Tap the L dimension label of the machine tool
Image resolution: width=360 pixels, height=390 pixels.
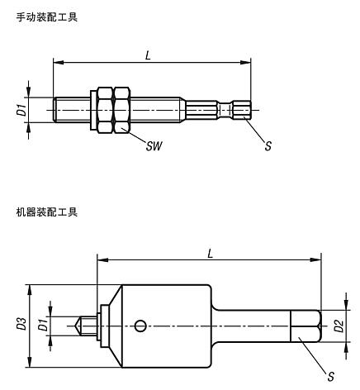point(210,252)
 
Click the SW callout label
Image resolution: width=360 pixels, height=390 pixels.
point(154,146)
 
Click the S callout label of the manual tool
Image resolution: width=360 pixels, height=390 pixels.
point(267,146)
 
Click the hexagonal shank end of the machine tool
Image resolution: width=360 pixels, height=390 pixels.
point(305,326)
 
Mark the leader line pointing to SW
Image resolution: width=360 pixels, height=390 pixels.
point(135,136)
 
